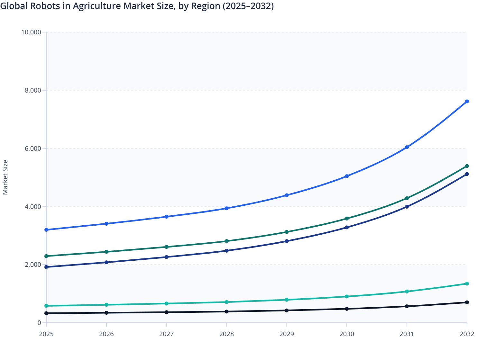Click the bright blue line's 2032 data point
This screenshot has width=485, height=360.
[467, 102]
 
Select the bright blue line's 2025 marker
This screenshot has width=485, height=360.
[46, 230]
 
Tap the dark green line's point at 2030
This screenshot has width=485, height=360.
[347, 219]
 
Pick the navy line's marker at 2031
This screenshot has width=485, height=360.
[407, 207]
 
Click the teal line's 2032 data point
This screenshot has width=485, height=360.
[467, 284]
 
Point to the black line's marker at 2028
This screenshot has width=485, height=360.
[226, 311]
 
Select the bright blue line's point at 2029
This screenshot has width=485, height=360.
[287, 195]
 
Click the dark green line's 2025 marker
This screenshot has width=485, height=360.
[46, 256]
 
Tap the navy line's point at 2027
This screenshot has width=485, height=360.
[166, 257]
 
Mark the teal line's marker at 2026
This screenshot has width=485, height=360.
[106, 305]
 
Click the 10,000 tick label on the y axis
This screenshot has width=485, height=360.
[31, 32]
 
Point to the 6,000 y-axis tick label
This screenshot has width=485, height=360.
[33, 148]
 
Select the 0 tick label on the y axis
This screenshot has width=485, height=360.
[39, 323]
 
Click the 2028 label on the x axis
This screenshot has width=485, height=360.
[226, 334]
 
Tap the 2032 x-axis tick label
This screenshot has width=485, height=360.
[467, 334]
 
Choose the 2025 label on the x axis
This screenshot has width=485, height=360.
[46, 334]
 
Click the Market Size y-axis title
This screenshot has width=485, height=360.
[5, 177]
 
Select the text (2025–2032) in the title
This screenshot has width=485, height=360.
[248, 6]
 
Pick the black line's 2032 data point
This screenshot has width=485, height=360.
[467, 302]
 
